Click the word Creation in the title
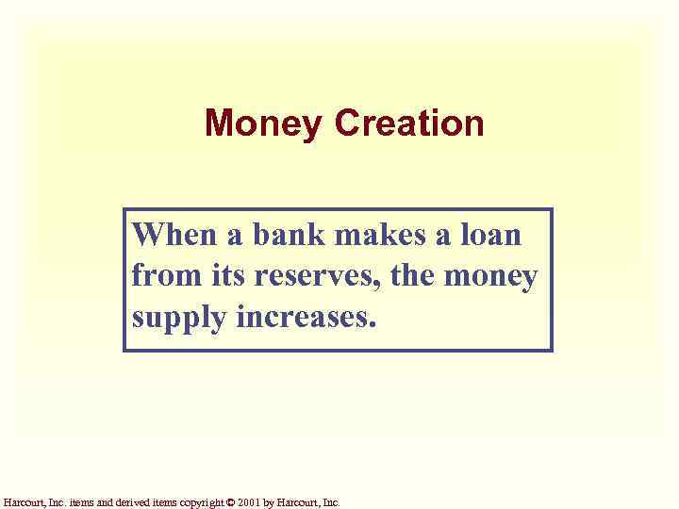point(409,123)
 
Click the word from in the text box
point(159,277)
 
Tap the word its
point(216,277)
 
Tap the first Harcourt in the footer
point(22,502)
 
